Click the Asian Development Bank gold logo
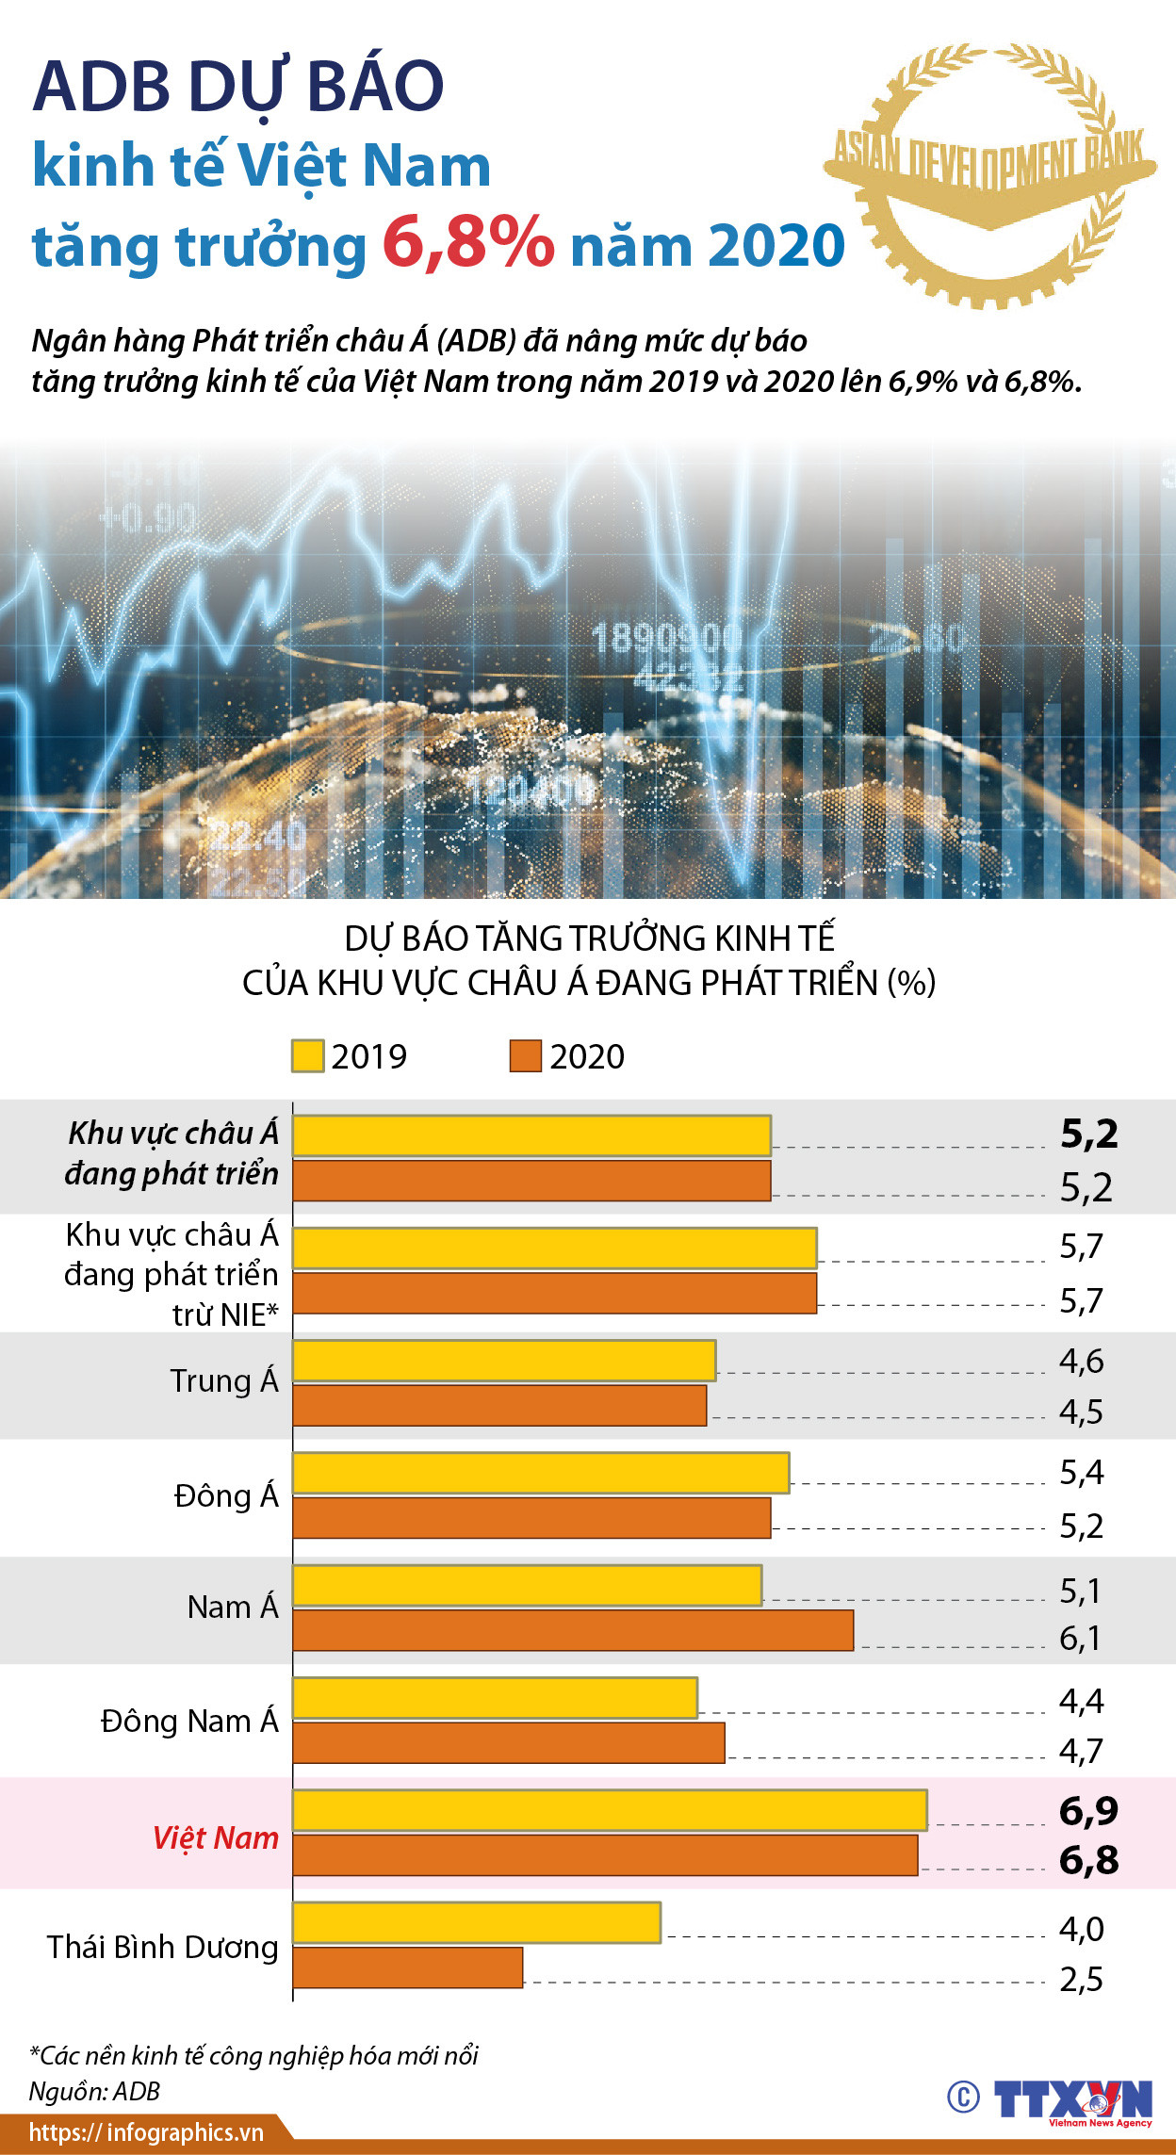[x=990, y=175]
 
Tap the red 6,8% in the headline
[x=468, y=243]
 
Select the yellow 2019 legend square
[x=307, y=1056]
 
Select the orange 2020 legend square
[x=525, y=1056]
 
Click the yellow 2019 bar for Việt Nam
[x=609, y=1810]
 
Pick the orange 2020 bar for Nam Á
[x=573, y=1630]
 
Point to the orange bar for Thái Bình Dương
[x=407, y=1967]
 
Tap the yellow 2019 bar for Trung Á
[x=503, y=1361]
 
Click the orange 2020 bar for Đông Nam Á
[x=508, y=1742]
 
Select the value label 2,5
[x=1081, y=1980]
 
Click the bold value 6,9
[x=1088, y=1811]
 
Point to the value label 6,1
[x=1081, y=1639]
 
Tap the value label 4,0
[x=1081, y=1929]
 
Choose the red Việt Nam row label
[x=216, y=1837]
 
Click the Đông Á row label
[x=226, y=1496]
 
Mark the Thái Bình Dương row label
[x=163, y=1947]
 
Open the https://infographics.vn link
[x=146, y=2132]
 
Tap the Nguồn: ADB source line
[x=94, y=2091]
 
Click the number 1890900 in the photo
[x=666, y=639]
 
